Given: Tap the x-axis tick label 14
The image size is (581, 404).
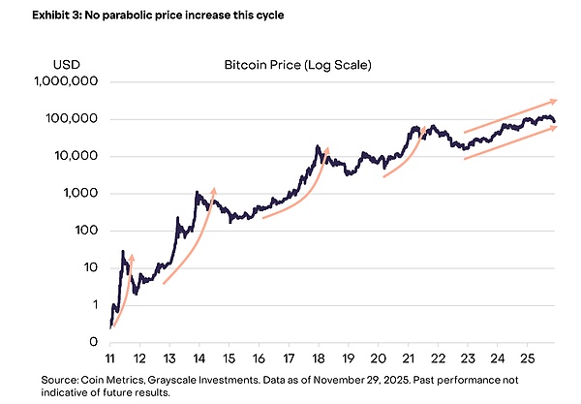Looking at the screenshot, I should point(199,357).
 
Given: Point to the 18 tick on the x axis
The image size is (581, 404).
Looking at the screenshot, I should point(318,357).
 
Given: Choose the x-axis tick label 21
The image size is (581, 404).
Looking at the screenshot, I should point(407,357).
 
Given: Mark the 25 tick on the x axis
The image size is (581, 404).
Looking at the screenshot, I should point(527,357).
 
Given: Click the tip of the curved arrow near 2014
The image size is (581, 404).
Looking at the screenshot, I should point(213,189).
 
